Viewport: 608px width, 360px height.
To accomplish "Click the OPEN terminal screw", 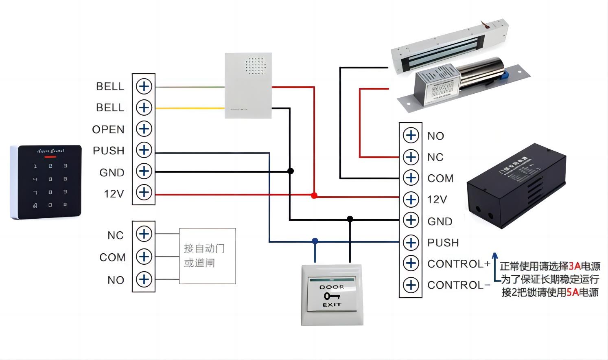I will (144, 129).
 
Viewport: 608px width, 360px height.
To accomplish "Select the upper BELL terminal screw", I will (144, 86).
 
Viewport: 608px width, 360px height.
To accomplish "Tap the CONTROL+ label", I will (459, 264).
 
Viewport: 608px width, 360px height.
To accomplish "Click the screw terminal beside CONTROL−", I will (411, 285).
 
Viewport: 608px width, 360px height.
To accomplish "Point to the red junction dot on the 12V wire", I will (314, 195).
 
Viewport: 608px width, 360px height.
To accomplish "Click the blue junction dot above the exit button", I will (315, 241).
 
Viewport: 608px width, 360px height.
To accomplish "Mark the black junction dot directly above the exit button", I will (350, 219).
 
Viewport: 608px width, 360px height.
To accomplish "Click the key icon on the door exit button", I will (332, 296).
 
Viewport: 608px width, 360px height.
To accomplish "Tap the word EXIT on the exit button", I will (332, 305).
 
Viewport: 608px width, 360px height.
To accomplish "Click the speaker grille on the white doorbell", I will (255, 66).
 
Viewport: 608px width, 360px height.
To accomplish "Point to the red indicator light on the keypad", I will (50, 157).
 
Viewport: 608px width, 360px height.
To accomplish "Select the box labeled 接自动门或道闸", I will (207, 256).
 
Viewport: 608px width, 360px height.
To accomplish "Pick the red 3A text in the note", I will (574, 266).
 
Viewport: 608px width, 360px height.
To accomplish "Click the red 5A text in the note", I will (573, 292).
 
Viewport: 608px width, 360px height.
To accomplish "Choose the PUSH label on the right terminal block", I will (443, 243).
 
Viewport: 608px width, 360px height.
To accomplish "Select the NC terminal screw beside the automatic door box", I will (144, 234).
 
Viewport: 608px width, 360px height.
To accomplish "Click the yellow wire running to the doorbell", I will (190, 108).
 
